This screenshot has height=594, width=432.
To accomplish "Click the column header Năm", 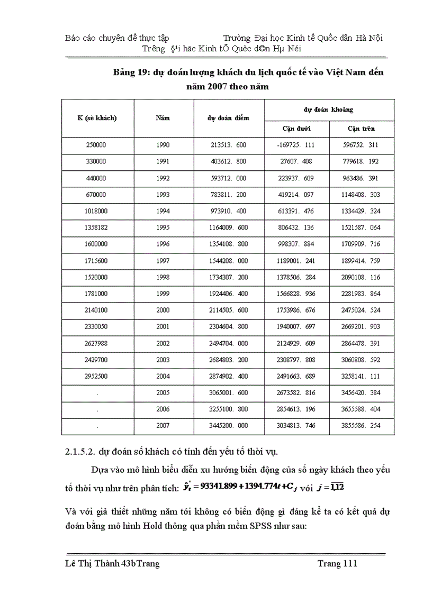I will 163,118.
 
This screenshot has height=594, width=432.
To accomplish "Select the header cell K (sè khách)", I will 97,118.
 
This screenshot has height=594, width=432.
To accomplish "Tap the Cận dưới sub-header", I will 296,129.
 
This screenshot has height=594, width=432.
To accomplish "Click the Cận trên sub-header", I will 361,129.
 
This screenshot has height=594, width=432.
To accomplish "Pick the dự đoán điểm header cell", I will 228,118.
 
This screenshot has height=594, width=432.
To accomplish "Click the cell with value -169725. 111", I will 296,145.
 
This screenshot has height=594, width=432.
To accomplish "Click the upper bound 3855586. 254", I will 361,425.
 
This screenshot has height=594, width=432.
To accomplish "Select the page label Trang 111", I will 337,563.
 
